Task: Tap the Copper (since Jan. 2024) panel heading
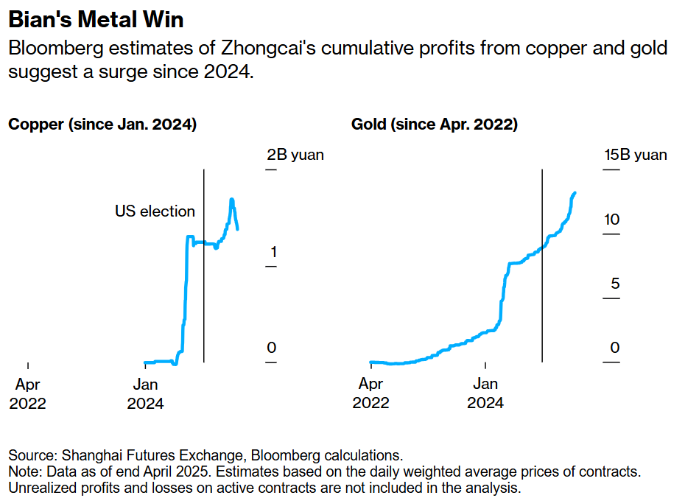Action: point(102,124)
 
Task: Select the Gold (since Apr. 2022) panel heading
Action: point(435,124)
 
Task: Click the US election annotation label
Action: point(155,211)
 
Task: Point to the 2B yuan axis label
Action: point(295,155)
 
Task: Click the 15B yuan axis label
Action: point(635,155)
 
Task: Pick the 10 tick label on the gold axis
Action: point(611,220)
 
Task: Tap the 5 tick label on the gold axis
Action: point(611,284)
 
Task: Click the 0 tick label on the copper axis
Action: point(272,348)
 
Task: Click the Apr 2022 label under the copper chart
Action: point(27,393)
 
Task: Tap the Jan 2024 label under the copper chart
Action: point(145,393)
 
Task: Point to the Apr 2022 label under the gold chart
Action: point(370,393)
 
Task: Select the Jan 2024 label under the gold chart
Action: point(485,393)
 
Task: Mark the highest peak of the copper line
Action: point(232,199)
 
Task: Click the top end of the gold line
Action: point(575,193)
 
